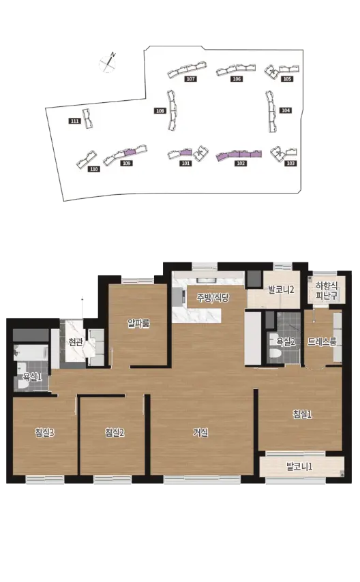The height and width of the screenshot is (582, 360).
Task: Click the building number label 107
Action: tap(191, 78)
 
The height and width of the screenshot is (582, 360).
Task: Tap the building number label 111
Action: tap(75, 121)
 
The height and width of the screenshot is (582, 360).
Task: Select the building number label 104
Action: tap(285, 110)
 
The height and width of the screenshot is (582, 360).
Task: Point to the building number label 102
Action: tap(241, 164)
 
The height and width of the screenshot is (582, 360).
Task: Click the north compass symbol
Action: tap(107, 63)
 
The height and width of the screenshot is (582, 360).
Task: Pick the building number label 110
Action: tap(94, 169)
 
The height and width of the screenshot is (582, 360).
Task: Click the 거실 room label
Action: tap(200, 433)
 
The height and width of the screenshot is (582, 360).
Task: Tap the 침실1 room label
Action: tap(302, 414)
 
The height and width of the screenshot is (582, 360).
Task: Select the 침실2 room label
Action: tap(115, 433)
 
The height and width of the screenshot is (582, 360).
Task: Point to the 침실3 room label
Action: tap(44, 433)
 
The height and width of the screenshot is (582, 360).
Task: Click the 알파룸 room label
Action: tap(138, 323)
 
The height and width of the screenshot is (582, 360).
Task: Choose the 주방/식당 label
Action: tap(213, 297)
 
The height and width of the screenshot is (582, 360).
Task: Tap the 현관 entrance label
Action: tap(76, 342)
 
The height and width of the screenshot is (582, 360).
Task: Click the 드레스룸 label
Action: tap(322, 342)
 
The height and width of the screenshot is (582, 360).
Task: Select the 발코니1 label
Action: tap(299, 467)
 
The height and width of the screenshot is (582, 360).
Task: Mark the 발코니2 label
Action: tap(281, 290)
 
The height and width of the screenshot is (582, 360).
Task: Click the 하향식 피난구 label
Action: tap(327, 290)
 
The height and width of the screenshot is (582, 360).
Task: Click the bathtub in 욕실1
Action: tap(31, 352)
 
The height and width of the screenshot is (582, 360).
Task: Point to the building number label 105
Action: tap(287, 78)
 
